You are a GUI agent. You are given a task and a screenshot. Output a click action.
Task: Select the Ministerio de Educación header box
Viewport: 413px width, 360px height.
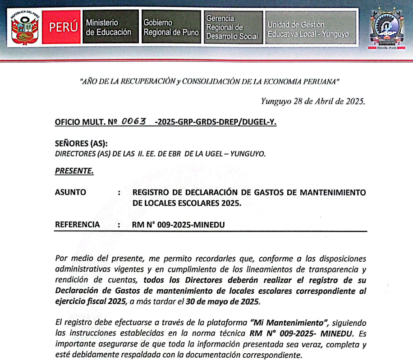pos(109,28)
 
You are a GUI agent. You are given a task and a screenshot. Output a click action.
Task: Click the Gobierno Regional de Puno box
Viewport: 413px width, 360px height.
pos(171,28)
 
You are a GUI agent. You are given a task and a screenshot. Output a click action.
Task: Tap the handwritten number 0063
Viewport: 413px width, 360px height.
pos(134,121)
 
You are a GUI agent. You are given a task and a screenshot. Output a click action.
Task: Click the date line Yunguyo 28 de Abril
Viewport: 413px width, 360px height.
pos(312,102)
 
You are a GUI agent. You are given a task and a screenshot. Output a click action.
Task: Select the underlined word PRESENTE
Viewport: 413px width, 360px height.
pos(74,171)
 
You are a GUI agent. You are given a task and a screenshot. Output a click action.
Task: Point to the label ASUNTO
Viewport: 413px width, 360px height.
pos(70,192)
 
